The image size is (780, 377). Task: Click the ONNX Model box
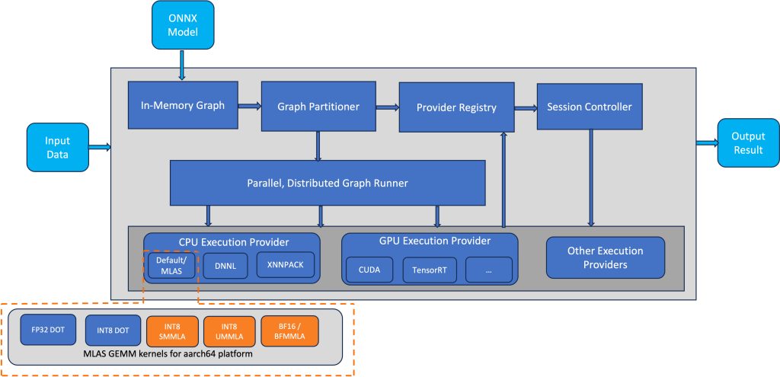tap(183, 25)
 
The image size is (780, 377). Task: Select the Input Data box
tap(58, 147)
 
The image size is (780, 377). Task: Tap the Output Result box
tap(748, 142)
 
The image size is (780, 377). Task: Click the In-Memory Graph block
tap(183, 105)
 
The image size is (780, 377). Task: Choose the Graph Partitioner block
tap(318, 107)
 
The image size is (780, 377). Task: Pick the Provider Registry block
tap(456, 107)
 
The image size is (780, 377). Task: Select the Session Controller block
tap(590, 107)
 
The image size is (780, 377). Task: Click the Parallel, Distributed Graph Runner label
tap(328, 183)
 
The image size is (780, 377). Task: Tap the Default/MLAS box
tap(171, 265)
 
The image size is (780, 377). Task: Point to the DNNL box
tap(225, 266)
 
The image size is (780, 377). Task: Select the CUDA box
tap(369, 270)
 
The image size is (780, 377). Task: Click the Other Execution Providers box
tap(606, 257)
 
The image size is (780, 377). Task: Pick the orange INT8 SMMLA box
tap(172, 331)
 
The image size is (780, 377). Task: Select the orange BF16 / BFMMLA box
tap(289, 331)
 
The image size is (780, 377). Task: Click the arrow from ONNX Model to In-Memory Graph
tap(182, 65)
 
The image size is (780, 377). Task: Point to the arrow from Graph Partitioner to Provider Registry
tap(388, 107)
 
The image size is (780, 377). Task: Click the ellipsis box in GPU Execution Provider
tap(488, 270)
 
